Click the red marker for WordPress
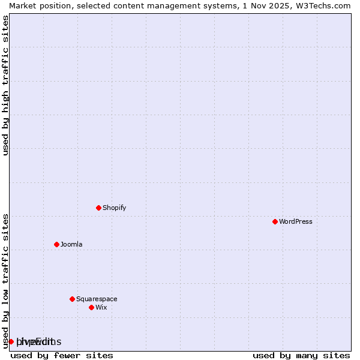[275, 221]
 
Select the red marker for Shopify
[98, 208]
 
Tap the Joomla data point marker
[56, 244]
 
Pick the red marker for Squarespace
[72, 299]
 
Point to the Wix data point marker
[91, 307]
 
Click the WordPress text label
[296, 221]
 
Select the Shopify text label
[115, 208]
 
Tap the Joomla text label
[71, 244]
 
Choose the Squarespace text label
[97, 299]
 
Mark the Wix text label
[101, 307]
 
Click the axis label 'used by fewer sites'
[62, 355]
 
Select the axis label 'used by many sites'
[301, 355]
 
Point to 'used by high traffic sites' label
[6, 85]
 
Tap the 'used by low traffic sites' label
[6, 280]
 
